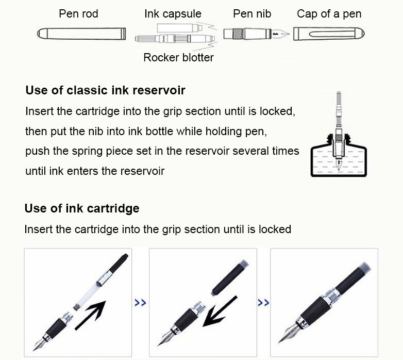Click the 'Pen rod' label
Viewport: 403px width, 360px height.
coord(79,14)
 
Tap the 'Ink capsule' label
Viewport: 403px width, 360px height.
coord(173,14)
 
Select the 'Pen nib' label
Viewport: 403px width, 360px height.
coord(252,14)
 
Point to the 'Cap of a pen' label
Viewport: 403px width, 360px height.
coord(329,14)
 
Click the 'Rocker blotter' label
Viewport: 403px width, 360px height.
coord(178,57)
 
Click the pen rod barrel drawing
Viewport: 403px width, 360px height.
coord(81,35)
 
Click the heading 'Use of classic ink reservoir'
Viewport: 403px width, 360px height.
coord(105,91)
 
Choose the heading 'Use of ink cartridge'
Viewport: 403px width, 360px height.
coord(81,208)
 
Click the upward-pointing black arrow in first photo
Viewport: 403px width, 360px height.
coord(90,315)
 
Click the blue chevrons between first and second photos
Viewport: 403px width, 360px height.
coord(140,303)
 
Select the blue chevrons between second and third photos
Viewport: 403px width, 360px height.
coord(263,303)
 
